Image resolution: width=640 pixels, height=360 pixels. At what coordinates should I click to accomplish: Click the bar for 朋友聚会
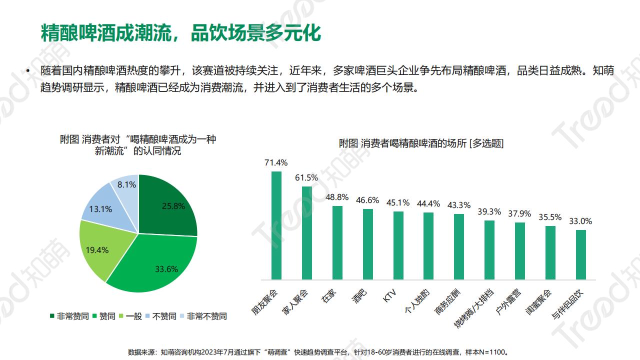coord(276,225)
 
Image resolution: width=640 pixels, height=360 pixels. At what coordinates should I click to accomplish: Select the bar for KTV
coord(398,245)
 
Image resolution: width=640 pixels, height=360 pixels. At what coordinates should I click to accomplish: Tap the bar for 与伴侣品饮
coord(581,254)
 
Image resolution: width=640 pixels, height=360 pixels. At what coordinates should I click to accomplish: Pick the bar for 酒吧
coord(368,244)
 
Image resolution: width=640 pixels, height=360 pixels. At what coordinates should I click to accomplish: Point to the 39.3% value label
coord(489,211)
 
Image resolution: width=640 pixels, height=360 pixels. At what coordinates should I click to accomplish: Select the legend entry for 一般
coord(130,316)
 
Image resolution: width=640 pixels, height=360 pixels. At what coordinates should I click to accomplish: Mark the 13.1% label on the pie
coord(100,209)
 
